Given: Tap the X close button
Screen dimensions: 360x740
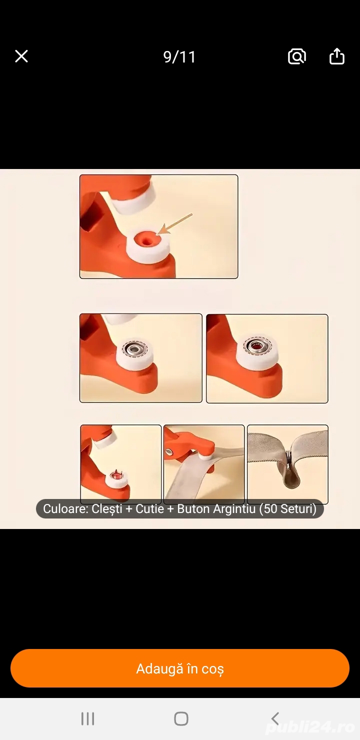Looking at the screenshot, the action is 21,56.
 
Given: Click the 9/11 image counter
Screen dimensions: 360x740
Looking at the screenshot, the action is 179,57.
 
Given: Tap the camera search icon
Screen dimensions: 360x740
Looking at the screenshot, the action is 297,56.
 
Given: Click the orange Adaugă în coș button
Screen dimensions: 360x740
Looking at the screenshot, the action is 180,668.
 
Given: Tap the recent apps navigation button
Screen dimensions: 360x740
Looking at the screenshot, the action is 88,718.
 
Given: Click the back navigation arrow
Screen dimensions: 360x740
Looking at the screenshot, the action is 275,718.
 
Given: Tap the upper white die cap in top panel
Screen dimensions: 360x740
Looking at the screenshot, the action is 133,197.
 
